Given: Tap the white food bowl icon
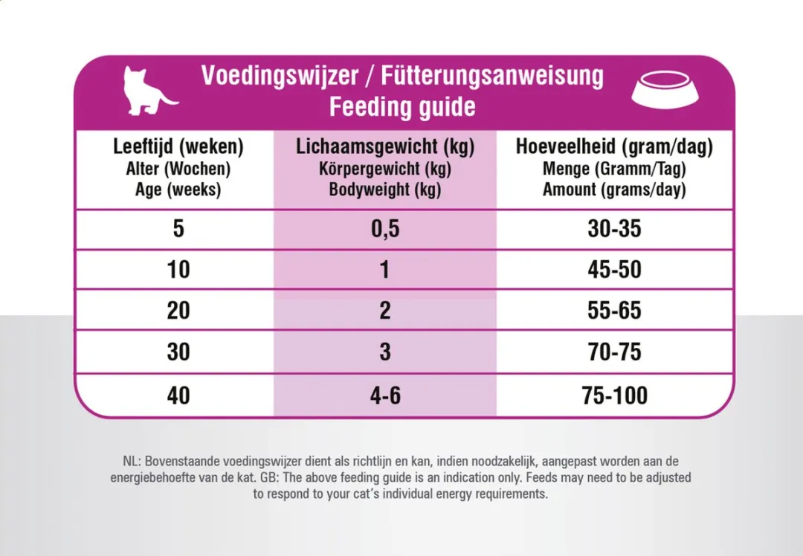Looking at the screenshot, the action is coord(665,90).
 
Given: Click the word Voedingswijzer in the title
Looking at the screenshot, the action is coord(280,76).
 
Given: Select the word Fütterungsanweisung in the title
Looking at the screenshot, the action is coord(492,76).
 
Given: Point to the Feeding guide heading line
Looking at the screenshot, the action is coord(402,106).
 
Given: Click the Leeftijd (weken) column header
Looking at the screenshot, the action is coord(178,146).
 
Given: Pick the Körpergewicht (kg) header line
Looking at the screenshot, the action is coord(385,169).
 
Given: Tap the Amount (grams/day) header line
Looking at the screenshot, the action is coord(614,190).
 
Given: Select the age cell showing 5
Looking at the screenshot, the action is coord(178,228).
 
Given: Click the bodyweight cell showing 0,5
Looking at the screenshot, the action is coord(385,229).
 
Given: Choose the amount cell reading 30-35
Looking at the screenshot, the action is coord(615,228).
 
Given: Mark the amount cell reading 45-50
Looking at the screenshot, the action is coord(615,269).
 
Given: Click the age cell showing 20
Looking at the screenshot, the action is coord(178,310).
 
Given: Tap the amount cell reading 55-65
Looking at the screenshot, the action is coord(615,310).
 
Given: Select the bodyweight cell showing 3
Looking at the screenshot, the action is coord(385,352).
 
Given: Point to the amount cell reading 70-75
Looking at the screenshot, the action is coord(615,352).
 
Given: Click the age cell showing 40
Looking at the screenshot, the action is coord(178,395).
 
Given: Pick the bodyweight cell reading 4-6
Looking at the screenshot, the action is coord(385,395).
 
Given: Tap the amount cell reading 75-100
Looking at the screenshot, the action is coord(615,395).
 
